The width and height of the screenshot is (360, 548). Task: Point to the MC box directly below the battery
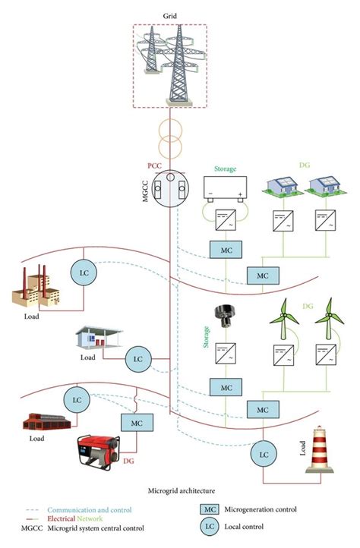[226, 250]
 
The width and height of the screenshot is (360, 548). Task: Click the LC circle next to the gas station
[138, 357]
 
